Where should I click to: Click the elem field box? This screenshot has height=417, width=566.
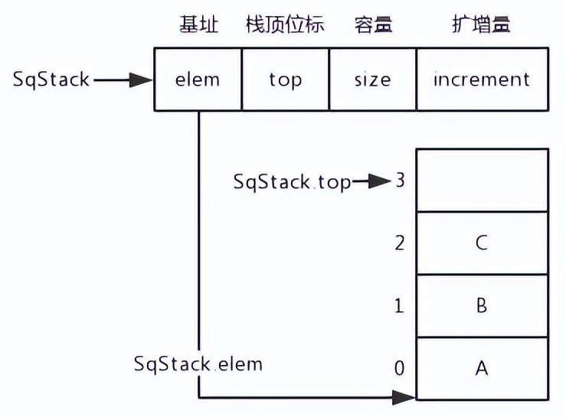click(198, 79)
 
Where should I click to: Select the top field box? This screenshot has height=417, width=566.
click(285, 79)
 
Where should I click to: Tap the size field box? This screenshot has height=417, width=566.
click(372, 79)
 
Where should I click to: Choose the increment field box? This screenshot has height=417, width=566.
click(482, 79)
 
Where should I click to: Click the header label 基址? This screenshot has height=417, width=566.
click(198, 24)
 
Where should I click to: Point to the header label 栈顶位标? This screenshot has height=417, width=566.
click(285, 24)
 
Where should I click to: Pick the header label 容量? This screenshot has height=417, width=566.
click(372, 24)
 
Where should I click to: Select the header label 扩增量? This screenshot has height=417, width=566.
click(482, 24)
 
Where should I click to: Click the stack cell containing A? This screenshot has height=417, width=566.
click(482, 368)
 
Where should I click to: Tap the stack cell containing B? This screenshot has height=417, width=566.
click(482, 305)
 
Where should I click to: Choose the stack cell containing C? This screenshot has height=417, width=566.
click(482, 243)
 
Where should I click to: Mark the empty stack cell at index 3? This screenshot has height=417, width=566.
click(482, 181)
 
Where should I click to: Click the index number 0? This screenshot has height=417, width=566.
click(399, 369)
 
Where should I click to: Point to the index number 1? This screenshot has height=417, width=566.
click(399, 306)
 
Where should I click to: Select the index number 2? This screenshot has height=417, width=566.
click(399, 243)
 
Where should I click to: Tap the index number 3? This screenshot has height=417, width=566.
click(400, 181)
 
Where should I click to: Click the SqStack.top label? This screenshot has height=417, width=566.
click(292, 182)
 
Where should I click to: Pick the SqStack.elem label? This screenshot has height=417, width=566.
click(198, 363)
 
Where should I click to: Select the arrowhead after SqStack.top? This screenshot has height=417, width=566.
click(380, 182)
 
